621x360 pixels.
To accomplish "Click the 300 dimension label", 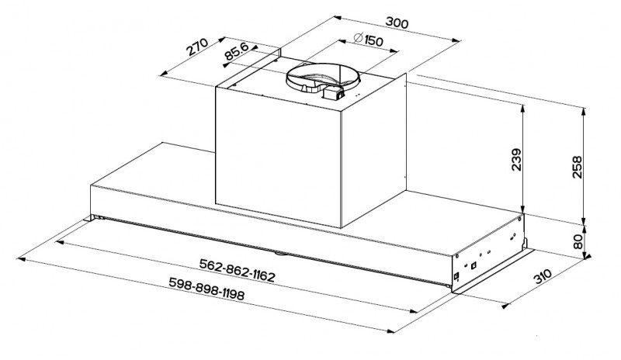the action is pyautogui.click(x=397, y=22).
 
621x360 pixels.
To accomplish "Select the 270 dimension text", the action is pyautogui.click(x=197, y=47).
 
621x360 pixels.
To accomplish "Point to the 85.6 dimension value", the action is pyautogui.click(x=236, y=51).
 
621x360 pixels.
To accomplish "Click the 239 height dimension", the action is pyautogui.click(x=516, y=160).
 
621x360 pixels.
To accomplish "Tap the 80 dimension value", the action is pyautogui.click(x=578, y=241).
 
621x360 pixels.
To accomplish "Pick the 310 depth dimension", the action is pyautogui.click(x=543, y=276).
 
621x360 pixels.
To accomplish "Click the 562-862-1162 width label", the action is pyautogui.click(x=237, y=271).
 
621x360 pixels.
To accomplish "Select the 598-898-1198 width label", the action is pyautogui.click(x=206, y=289).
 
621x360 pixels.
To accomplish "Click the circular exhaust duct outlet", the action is pyautogui.click(x=323, y=78).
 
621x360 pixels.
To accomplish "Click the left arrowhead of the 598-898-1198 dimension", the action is pyautogui.click(x=20, y=259).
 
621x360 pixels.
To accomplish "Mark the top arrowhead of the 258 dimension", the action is pyautogui.click(x=584, y=110).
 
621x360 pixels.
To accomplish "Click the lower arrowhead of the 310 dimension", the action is pyautogui.click(x=505, y=306).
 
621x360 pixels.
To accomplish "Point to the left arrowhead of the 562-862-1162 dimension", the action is pyautogui.click(x=60, y=242).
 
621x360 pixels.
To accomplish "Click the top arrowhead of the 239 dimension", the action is pyautogui.click(x=523, y=109).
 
